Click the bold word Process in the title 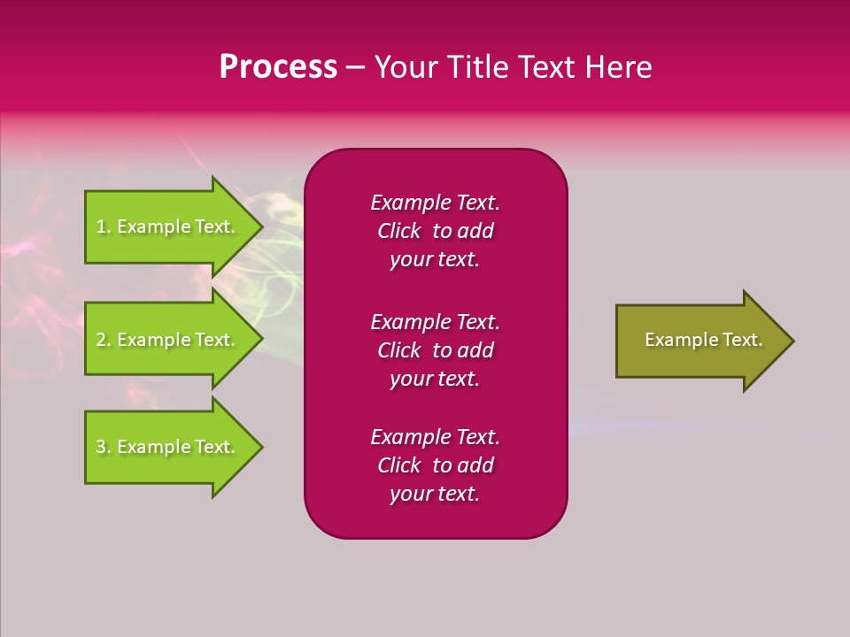click(278, 67)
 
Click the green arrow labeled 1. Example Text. click(168, 226)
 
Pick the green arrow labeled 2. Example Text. click(168, 340)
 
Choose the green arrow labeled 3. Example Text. click(168, 447)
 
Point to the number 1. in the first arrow click(104, 226)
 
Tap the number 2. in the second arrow click(104, 340)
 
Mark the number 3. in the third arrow click(104, 447)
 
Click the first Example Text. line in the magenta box click(435, 203)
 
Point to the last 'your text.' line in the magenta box click(435, 494)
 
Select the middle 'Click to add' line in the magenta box click(435, 350)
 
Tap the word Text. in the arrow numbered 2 click(215, 340)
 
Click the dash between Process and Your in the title click(355, 67)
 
